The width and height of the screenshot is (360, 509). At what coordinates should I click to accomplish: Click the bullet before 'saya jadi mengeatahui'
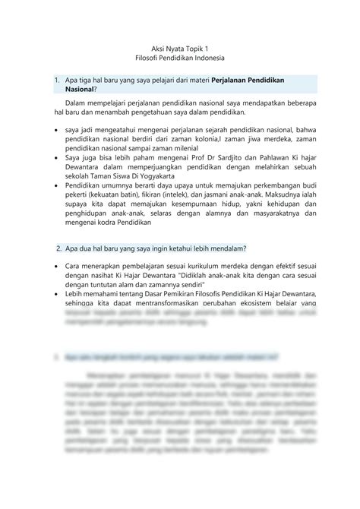pyautogui.click(x=59, y=131)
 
